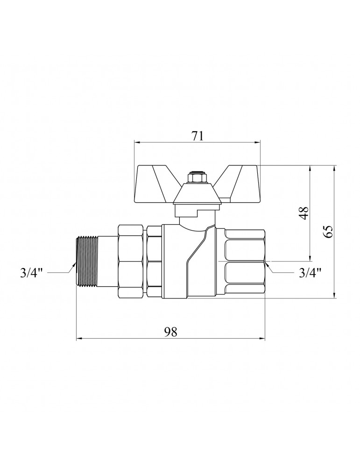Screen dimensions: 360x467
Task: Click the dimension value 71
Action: click(197, 135)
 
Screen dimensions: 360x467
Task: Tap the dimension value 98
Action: click(170, 332)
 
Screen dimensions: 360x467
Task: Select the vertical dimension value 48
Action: click(304, 213)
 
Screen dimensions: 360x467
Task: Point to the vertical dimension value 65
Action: click(327, 232)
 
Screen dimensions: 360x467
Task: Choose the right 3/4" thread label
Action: click(310, 272)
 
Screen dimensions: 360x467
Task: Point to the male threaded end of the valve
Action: click(87, 262)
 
